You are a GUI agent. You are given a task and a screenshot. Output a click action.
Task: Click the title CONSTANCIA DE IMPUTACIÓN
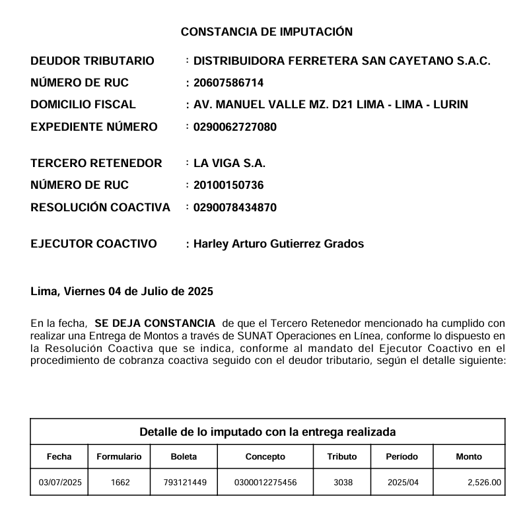[x=267, y=32]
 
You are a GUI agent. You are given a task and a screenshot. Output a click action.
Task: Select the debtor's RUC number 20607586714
[x=228, y=83]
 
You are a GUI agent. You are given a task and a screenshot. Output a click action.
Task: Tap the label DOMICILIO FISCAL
[x=83, y=104]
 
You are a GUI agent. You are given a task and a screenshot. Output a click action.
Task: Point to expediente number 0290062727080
[x=235, y=127]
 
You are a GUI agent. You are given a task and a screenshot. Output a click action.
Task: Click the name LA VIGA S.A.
[x=229, y=163]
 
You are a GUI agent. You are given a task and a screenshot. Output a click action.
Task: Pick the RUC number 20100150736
[x=228, y=185]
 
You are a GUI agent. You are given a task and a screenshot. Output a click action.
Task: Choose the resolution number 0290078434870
[x=235, y=207]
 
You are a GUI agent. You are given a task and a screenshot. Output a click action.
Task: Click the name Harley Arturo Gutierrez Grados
[x=279, y=244]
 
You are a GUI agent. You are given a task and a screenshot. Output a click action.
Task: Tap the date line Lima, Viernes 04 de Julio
[x=122, y=291]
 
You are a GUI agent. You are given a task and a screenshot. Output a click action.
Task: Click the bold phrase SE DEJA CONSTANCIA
[x=155, y=324]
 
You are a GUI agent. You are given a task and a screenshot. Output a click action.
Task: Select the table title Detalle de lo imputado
[x=267, y=432]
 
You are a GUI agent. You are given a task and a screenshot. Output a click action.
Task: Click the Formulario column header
[x=119, y=456]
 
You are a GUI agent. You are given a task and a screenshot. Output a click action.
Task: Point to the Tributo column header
[x=342, y=456]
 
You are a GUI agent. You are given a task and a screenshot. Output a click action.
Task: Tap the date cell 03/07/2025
[x=60, y=483]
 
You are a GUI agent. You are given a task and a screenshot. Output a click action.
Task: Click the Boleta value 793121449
[x=185, y=483]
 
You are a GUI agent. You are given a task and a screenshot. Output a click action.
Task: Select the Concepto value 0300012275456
[x=265, y=483]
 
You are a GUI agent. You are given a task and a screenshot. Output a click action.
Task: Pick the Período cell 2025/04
[x=403, y=483]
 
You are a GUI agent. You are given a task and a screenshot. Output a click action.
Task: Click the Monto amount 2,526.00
[x=484, y=483]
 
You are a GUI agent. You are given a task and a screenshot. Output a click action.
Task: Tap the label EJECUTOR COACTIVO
[x=94, y=244]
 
